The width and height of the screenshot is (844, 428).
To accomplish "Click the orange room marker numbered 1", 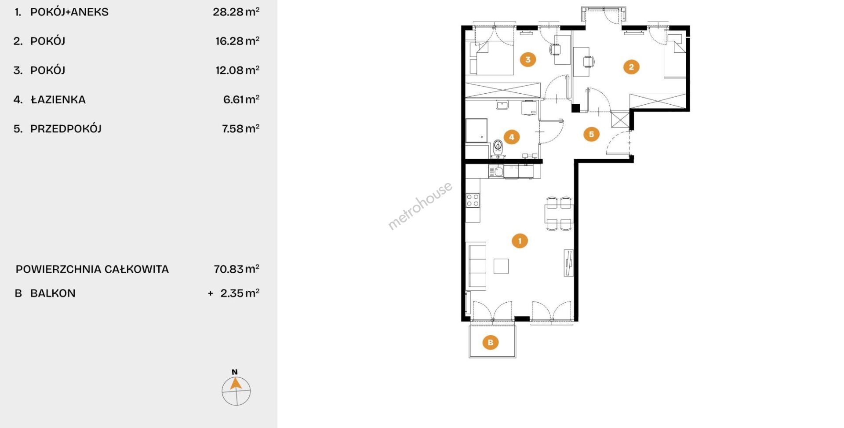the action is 520,241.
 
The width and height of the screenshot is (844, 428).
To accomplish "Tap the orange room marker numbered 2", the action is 631,67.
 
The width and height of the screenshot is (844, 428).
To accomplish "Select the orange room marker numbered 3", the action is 527,59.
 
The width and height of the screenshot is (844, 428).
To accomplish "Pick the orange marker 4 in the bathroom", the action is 511,137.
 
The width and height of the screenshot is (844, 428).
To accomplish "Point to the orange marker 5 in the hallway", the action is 591,134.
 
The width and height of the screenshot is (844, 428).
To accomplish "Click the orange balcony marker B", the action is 491,342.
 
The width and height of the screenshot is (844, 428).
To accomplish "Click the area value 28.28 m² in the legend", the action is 236,12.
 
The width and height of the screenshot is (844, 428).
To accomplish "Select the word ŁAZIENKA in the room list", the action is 58,99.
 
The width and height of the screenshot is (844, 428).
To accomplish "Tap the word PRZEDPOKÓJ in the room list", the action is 66,129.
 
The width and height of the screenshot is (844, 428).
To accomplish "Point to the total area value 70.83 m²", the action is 236,269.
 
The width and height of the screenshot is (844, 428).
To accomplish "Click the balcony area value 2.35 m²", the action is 240,293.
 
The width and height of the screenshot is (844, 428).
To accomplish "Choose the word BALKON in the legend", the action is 53,293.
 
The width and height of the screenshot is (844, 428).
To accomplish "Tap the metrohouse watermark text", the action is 420,206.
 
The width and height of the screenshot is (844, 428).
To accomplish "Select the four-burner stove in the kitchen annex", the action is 473,200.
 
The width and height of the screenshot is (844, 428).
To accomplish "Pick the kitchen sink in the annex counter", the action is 496,171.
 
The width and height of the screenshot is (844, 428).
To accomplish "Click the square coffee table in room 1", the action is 501,266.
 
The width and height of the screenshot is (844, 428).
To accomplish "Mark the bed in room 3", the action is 491,58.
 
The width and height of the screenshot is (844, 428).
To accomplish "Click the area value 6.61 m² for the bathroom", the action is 241,99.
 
